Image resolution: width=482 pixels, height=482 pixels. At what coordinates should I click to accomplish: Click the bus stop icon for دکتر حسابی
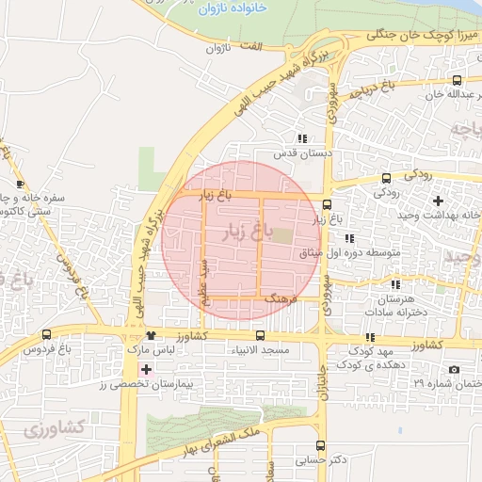[x=321, y=445]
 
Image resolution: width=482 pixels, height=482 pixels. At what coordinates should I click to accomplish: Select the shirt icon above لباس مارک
[x=151, y=334]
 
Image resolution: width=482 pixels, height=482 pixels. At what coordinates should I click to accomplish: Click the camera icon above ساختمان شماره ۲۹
[x=456, y=369]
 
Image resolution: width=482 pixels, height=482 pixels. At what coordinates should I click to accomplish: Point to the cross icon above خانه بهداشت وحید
[x=438, y=200]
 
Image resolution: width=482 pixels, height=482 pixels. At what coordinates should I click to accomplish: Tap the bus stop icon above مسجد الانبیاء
[x=260, y=335]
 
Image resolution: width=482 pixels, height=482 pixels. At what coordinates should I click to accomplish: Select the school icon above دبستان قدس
[x=301, y=137]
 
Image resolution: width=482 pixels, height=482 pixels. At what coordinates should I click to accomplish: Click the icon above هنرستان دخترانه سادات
[x=396, y=283]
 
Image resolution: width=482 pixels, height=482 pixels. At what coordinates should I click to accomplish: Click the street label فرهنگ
[x=281, y=297]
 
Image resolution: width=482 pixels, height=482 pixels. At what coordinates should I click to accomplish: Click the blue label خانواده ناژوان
[x=235, y=8]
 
